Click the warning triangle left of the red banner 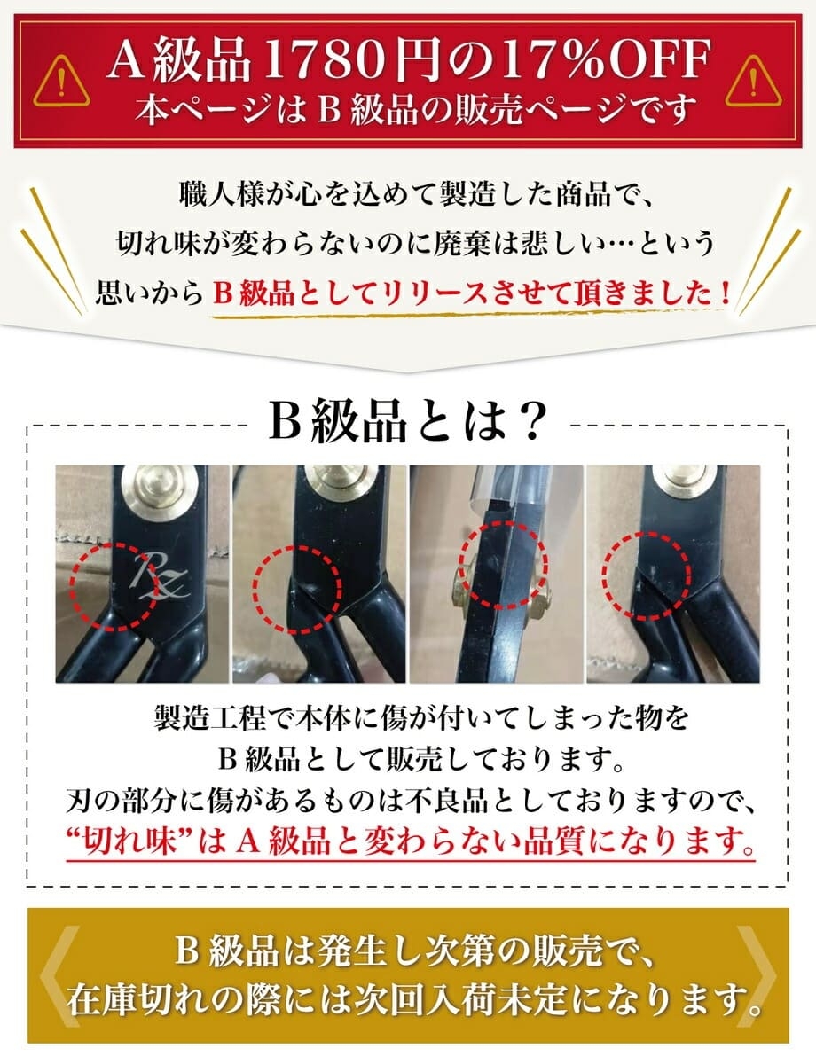pos(62,82)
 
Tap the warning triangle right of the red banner pos(753,82)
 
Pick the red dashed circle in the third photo pos(503,565)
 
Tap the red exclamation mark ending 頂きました pos(726,294)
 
